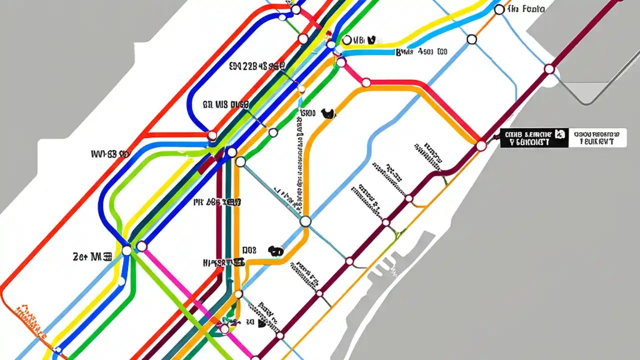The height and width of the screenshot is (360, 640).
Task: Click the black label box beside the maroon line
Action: coord(534,138)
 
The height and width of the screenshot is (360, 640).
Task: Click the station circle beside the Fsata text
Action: coord(498,9)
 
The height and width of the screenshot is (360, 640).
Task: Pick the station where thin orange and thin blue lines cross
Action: coord(471,39)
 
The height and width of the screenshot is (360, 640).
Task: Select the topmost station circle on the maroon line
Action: coord(549,69)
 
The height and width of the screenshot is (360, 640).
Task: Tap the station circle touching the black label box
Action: coord(481,145)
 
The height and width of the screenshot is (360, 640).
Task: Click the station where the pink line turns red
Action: coord(366,82)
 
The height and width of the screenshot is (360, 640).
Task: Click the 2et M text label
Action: coord(92,257)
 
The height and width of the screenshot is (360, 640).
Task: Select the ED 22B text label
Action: coord(256,66)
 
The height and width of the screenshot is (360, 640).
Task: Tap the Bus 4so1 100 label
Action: coord(421,51)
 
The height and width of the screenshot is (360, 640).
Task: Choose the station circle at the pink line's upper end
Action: coord(142,246)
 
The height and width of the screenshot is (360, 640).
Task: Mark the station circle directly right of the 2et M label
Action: coord(126,250)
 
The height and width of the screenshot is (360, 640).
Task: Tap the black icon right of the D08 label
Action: coord(274,250)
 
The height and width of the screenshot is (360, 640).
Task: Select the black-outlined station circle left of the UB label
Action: coord(345,40)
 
